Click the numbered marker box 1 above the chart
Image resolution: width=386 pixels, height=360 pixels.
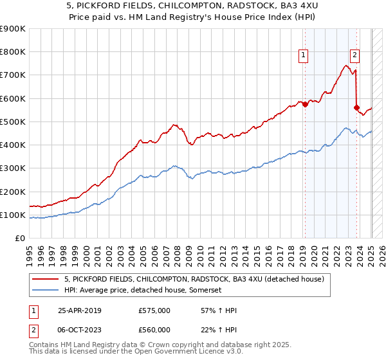click(303, 55)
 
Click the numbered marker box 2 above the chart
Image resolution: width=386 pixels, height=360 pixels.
click(354, 55)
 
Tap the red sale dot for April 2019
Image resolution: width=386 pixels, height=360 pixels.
click(305, 105)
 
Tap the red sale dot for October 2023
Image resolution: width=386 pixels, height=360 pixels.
click(356, 108)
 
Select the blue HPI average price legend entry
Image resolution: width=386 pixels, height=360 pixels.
click(142, 290)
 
